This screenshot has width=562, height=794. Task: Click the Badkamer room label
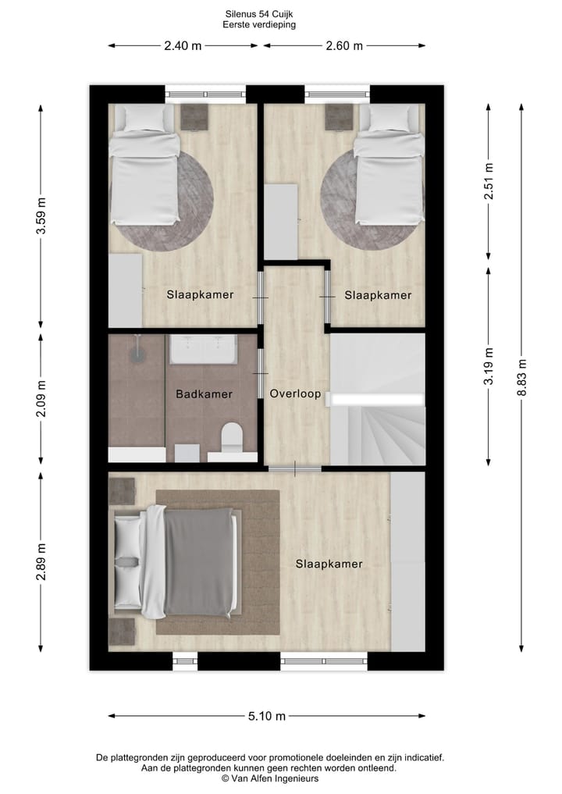(204, 394)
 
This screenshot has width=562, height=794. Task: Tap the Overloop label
(295, 394)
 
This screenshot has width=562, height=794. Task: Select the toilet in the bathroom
(232, 438)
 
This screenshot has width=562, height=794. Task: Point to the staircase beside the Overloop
(379, 425)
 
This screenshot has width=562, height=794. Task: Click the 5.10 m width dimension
(266, 716)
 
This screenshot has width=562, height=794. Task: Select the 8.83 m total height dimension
(522, 377)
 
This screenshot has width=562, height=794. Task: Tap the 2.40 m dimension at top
(183, 45)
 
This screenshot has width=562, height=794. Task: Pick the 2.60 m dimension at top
(344, 45)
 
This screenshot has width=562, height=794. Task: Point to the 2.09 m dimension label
(41, 398)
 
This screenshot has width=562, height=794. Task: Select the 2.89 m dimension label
(41, 562)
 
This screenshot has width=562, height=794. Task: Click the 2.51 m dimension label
(489, 181)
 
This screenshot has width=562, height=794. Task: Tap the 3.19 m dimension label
(489, 365)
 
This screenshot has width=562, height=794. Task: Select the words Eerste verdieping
(259, 24)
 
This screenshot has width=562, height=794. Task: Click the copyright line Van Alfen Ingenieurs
(270, 778)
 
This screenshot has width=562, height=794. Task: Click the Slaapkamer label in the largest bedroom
(329, 564)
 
